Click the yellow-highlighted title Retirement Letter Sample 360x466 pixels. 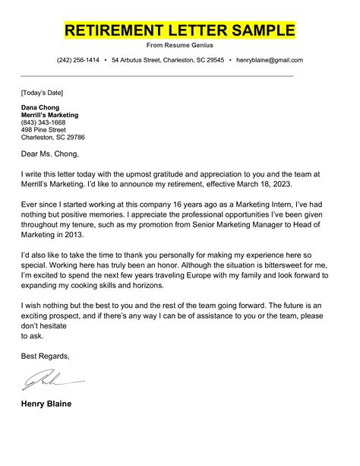pos(179,30)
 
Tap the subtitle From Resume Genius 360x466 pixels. pos(179,46)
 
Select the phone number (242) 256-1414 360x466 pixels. pos(78,60)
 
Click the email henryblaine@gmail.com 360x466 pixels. pos(270,60)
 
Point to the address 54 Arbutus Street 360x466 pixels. pos(141,60)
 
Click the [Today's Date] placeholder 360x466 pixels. pos(43,93)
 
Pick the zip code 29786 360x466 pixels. pos(74,138)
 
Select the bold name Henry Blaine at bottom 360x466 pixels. pos(46,404)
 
